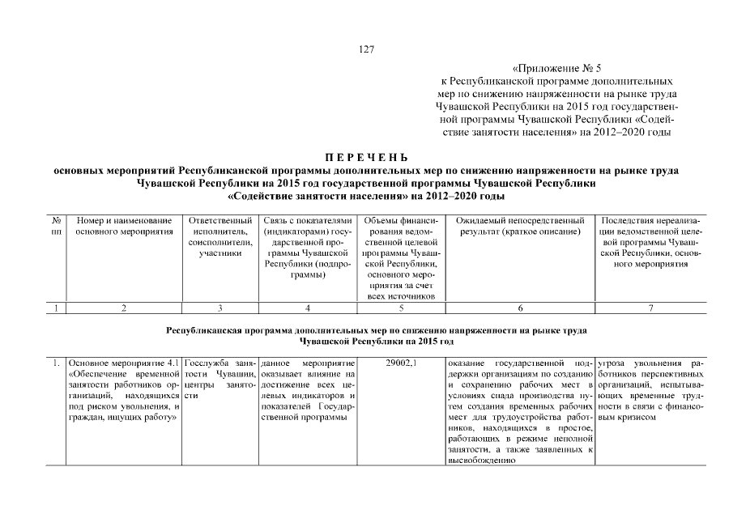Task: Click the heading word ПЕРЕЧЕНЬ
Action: (x=366, y=157)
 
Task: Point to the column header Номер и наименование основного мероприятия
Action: (x=124, y=226)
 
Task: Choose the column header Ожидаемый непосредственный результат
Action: (x=520, y=226)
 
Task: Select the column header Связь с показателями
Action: (x=308, y=248)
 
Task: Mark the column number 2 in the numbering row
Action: (x=124, y=308)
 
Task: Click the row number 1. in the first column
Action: (x=56, y=362)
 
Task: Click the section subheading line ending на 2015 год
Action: (x=366, y=342)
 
